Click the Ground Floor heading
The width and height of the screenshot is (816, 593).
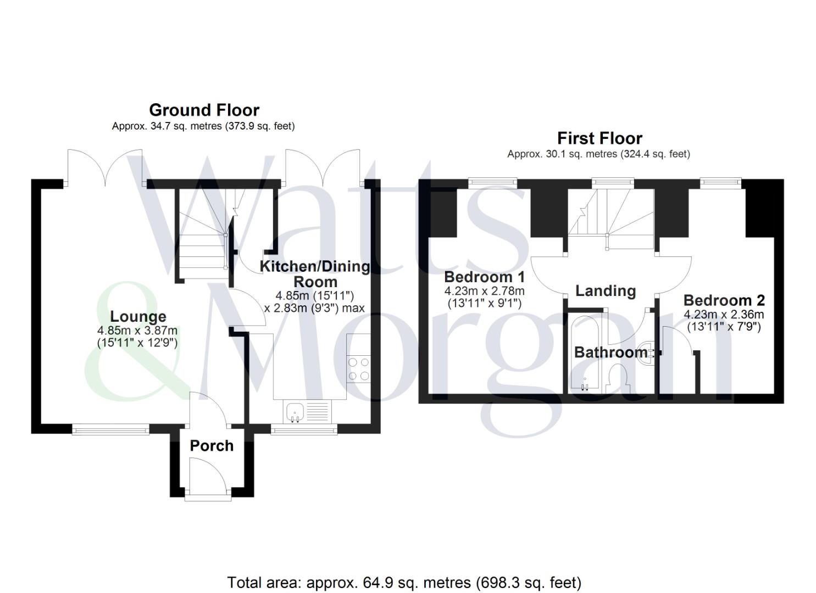pyautogui.click(x=204, y=110)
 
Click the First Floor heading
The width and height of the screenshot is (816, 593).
pyautogui.click(x=599, y=138)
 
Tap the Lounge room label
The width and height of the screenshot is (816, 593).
pyautogui.click(x=138, y=316)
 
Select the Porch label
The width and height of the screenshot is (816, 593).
pyautogui.click(x=212, y=446)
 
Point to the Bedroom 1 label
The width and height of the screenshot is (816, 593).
pyautogui.click(x=484, y=277)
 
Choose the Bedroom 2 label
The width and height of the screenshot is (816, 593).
pyautogui.click(x=724, y=300)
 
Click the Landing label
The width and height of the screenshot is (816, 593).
pyautogui.click(x=605, y=290)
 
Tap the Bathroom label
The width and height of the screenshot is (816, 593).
pyautogui.click(x=610, y=352)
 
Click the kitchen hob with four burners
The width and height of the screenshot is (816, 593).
pyautogui.click(x=358, y=369)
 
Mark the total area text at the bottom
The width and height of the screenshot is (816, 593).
pyautogui.click(x=404, y=582)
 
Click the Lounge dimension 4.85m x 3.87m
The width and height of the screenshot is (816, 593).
pyautogui.click(x=137, y=331)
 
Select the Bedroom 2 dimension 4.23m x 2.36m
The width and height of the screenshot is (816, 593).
pyautogui.click(x=724, y=315)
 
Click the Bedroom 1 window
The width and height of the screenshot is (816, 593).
pyautogui.click(x=492, y=181)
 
